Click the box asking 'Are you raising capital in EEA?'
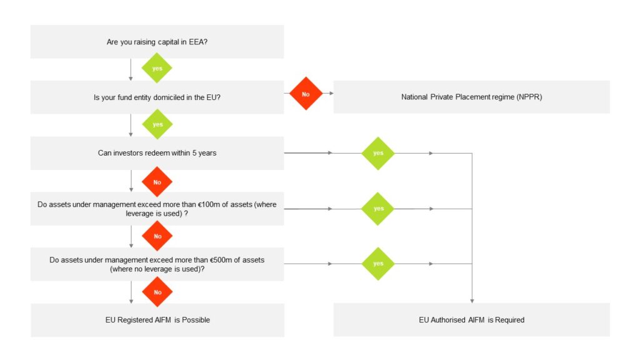point(157,42)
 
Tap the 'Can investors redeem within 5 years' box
point(157,152)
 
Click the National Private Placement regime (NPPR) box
point(471,97)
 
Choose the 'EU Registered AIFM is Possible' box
point(157,319)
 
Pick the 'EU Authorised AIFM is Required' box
point(471,319)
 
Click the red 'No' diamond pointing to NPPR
point(306,94)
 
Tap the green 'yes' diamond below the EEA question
point(157,68)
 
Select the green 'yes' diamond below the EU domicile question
point(157,124)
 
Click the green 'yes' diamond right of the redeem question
point(378,153)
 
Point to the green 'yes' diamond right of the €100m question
point(378,209)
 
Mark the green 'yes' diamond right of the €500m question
point(378,264)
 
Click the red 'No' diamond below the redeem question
point(157,182)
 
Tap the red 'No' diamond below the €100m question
point(157,236)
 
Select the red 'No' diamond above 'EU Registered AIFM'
point(157,292)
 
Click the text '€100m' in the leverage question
point(209,205)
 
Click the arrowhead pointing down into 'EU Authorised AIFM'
point(472,301)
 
